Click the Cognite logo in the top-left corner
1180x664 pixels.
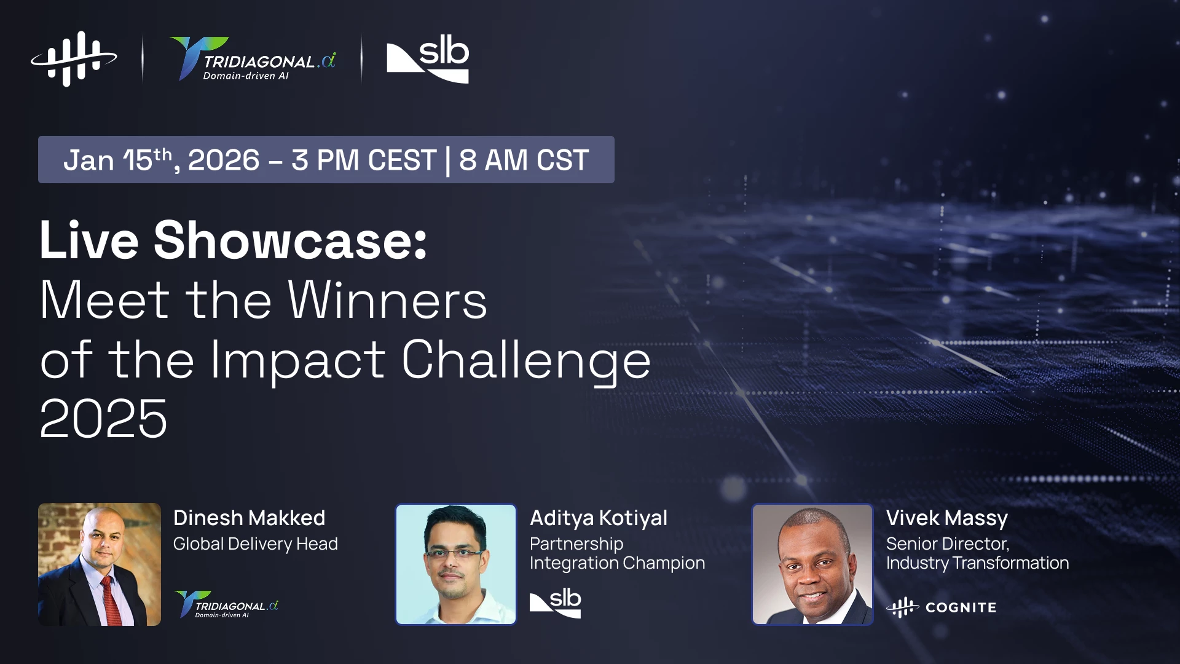coord(74,59)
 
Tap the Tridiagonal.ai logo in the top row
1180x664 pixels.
coord(253,59)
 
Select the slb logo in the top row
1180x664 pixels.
coord(428,59)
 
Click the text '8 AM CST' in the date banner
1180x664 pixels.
coord(524,160)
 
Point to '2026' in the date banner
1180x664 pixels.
coord(224,160)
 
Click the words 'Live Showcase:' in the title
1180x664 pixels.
coord(234,240)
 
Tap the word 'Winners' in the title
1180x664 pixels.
coord(388,300)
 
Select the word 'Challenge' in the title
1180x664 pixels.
coord(526,362)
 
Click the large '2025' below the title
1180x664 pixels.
coord(103,419)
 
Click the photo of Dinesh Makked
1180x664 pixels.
coord(100,564)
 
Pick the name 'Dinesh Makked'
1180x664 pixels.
coord(249,518)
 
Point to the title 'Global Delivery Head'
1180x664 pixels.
coord(256,544)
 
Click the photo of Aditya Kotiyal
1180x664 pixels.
coord(456,564)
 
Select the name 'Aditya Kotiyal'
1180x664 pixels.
coord(599,518)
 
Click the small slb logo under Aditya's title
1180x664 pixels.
coord(556,603)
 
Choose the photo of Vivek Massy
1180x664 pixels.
coord(812,564)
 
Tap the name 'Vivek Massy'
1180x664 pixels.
coord(947,518)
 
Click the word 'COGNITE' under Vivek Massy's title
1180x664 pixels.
coord(961,607)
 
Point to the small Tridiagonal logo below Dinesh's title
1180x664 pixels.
coord(227,604)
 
